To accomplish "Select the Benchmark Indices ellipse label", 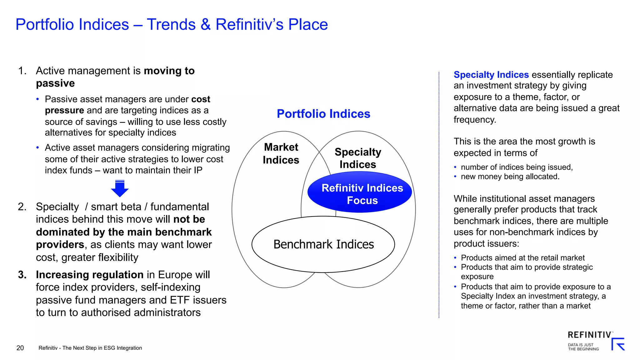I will click(x=323, y=244).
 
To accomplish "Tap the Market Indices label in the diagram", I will click(x=281, y=153).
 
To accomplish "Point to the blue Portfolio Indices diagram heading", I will click(x=323, y=114).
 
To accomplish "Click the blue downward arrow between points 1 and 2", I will click(x=120, y=188).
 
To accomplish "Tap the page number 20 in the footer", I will click(x=20, y=348).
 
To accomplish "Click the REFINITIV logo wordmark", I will click(x=589, y=335).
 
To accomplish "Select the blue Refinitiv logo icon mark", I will click(x=618, y=344).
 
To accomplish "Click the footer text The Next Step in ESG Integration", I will click(x=102, y=348).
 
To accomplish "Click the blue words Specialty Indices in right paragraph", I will click(x=491, y=75).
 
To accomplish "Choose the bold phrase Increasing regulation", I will click(x=89, y=275).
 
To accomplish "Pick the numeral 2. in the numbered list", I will click(x=22, y=207).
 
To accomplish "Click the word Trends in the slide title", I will click(x=171, y=24).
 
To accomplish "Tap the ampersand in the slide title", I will click(x=206, y=24).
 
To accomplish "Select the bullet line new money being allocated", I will click(x=510, y=177).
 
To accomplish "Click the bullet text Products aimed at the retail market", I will click(x=522, y=258).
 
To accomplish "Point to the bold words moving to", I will click(x=169, y=71).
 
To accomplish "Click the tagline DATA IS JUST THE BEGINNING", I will click(x=583, y=347).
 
